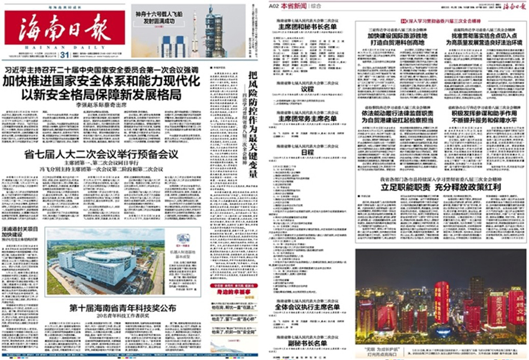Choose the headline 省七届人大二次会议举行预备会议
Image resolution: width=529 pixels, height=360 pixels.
click(x=101, y=154)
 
